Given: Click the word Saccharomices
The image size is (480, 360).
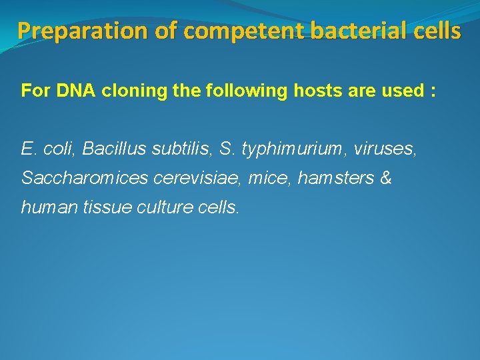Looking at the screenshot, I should tap(75, 178).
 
